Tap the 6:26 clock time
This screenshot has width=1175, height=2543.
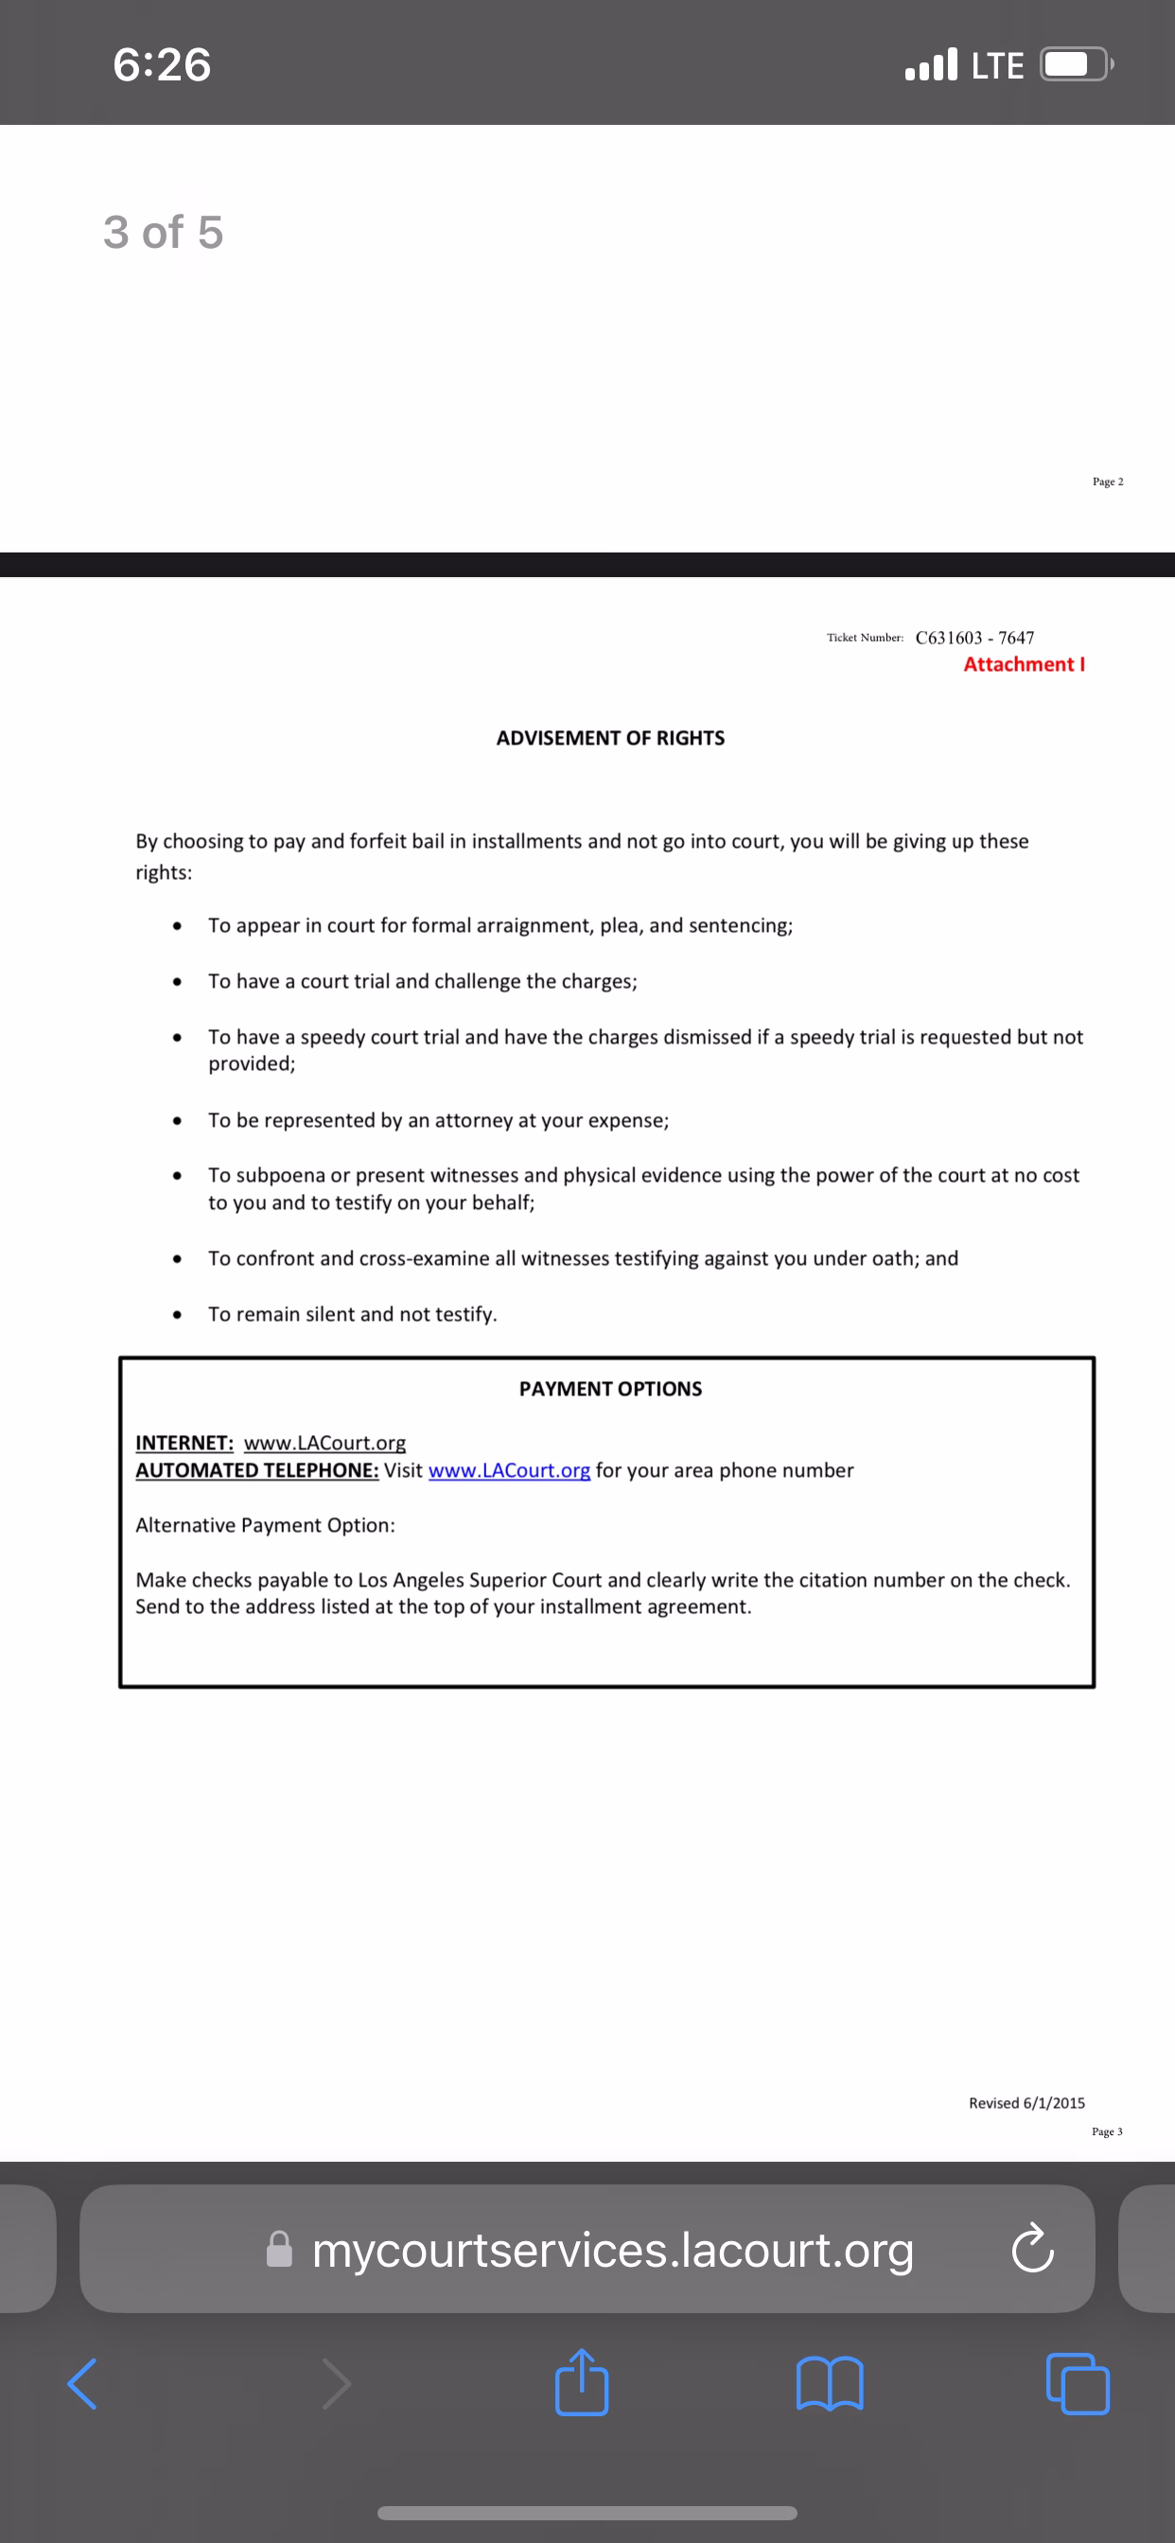(x=162, y=65)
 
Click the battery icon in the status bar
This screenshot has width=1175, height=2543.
(x=1076, y=65)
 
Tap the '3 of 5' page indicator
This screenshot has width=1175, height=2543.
(x=163, y=233)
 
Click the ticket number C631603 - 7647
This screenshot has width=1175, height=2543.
(x=974, y=638)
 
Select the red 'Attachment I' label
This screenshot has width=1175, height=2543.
(x=1024, y=664)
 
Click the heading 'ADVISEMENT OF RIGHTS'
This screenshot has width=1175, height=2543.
(x=610, y=739)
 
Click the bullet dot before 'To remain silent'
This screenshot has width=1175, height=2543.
(x=177, y=1315)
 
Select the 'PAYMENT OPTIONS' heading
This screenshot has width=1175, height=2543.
(x=610, y=1389)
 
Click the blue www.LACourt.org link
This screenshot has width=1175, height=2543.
(x=509, y=1471)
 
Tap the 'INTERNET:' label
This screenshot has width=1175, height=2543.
(x=184, y=1444)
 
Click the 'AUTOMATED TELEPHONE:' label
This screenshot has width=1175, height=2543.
(x=256, y=1471)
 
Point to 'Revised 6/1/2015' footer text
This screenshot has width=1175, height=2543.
(x=1026, y=2104)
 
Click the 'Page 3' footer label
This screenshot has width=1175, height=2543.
(x=1107, y=2132)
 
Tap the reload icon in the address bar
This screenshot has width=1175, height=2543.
(x=1033, y=2249)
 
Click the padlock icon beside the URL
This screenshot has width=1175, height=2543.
(x=279, y=2250)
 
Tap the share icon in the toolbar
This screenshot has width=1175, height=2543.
(x=582, y=2383)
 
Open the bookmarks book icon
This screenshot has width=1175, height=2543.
(x=830, y=2383)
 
